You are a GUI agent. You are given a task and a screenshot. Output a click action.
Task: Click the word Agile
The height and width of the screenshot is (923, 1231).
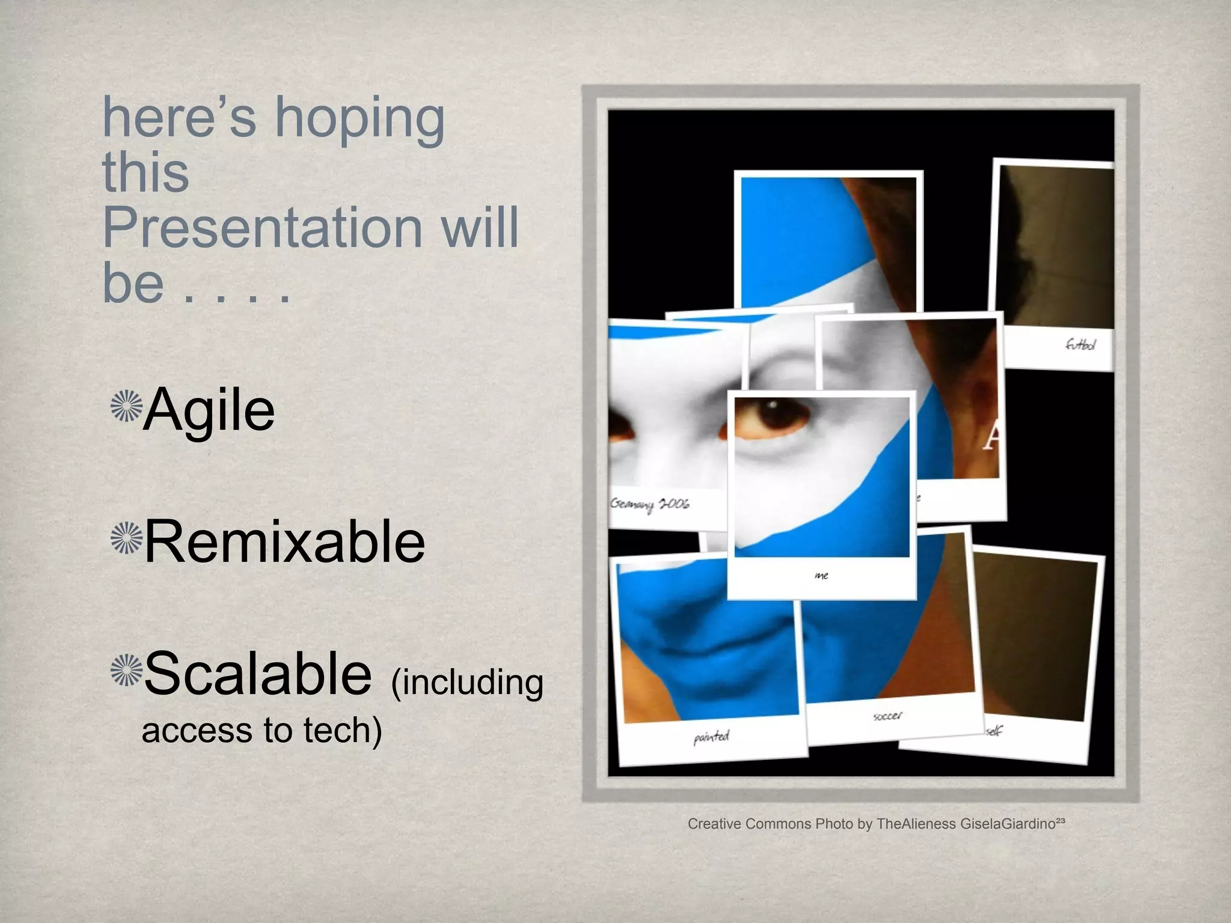[x=209, y=410]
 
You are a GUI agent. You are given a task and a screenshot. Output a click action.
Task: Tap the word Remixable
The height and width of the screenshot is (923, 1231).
[x=284, y=542]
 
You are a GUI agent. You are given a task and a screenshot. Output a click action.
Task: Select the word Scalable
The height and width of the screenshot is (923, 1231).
[x=258, y=674]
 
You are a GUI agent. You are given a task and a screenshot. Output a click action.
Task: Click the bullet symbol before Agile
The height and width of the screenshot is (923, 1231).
[x=126, y=406]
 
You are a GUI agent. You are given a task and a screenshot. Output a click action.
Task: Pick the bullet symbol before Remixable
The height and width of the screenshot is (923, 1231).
[x=126, y=538]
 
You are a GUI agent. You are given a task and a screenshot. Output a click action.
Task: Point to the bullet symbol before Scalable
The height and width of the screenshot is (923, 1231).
[x=126, y=669]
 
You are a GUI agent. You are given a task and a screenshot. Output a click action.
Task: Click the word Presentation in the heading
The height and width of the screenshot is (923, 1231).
[x=262, y=228]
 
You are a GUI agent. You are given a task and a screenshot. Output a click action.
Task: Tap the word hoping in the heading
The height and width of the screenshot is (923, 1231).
[x=359, y=118]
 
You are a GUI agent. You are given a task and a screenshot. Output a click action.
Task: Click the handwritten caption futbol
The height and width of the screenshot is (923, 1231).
[x=1080, y=344]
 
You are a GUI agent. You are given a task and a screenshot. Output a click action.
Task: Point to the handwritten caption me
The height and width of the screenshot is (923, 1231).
[x=821, y=576]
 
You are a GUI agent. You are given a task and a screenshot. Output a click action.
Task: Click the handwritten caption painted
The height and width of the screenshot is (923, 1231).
[x=711, y=736]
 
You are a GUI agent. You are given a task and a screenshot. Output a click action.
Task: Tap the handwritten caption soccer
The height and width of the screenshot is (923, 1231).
[x=887, y=716]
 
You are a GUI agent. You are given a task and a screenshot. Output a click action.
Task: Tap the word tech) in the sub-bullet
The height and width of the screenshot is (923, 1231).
[x=343, y=731]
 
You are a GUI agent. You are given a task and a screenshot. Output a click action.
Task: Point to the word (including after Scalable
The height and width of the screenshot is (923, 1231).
[x=467, y=683]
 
